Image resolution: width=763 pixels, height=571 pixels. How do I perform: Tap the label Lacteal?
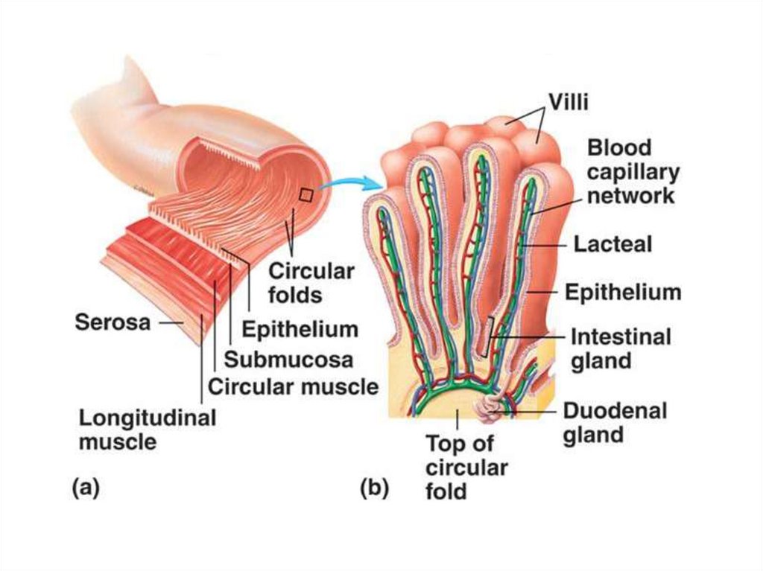click(x=613, y=244)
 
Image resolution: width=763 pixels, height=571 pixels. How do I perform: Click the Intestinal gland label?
click(x=620, y=348)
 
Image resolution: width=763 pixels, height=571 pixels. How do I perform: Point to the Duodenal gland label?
click(x=615, y=422)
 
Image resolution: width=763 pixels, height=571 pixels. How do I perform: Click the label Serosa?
click(x=113, y=322)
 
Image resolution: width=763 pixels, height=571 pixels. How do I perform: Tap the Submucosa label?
click(x=288, y=360)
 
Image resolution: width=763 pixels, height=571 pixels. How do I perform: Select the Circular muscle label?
click(x=293, y=387)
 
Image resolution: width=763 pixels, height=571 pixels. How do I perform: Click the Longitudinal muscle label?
click(x=148, y=429)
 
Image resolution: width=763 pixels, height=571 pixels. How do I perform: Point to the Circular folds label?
click(x=311, y=282)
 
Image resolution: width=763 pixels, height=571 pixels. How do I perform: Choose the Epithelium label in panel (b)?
click(x=623, y=292)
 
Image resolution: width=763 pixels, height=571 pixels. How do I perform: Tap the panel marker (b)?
click(x=374, y=489)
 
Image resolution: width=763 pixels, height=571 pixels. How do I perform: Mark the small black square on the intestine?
click(x=305, y=195)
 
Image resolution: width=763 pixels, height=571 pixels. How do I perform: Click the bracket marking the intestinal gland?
click(x=488, y=335)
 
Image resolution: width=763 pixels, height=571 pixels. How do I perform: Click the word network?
click(x=632, y=197)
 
